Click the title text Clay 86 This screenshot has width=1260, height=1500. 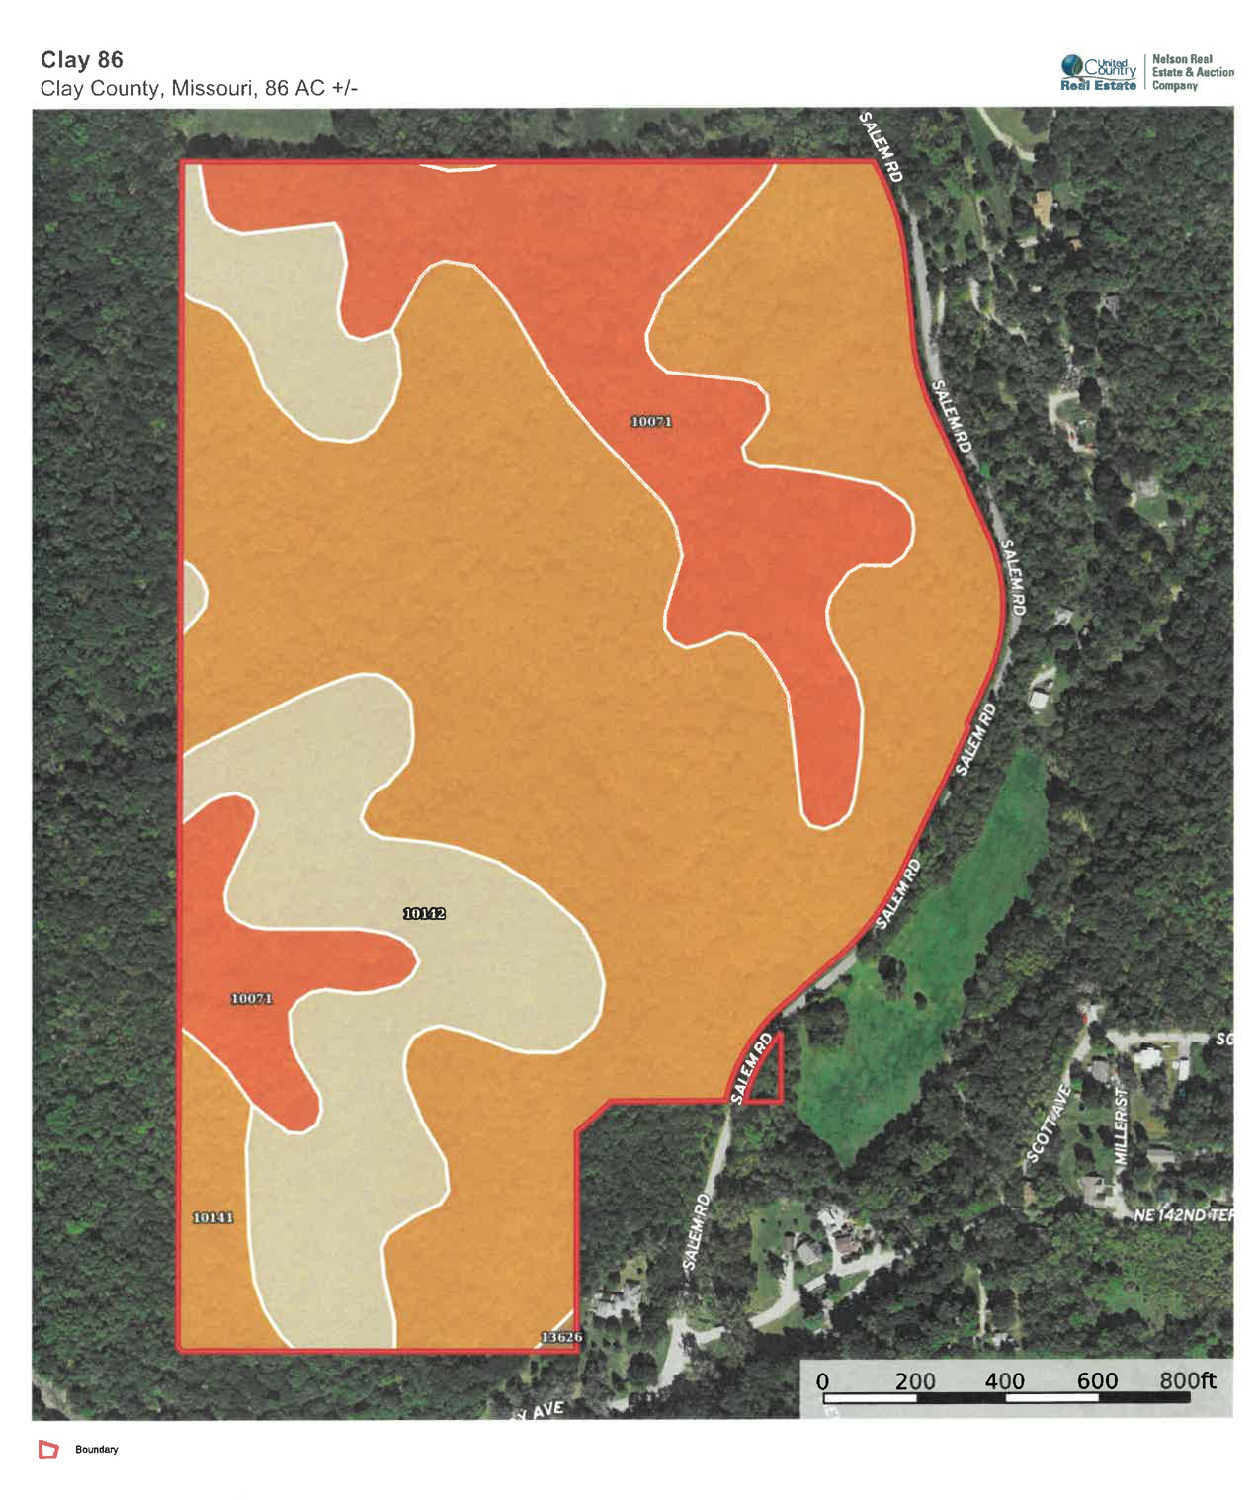(x=82, y=61)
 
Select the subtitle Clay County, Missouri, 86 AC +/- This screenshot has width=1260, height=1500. (x=199, y=89)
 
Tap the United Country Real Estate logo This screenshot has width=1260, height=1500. (x=1099, y=73)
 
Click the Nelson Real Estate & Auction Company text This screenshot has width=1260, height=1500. (x=1192, y=72)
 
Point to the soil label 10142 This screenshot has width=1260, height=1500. (x=424, y=914)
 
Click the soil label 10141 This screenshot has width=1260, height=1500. (x=212, y=1217)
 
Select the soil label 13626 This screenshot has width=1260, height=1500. (x=561, y=1337)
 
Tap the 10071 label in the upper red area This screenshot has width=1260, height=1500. (x=651, y=422)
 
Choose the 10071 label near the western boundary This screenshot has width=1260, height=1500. (x=252, y=999)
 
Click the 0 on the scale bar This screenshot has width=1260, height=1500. (x=823, y=1381)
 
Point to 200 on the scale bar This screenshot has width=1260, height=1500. (x=914, y=1381)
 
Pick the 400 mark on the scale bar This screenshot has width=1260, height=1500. (x=1004, y=1381)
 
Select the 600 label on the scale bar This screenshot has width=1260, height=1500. (x=1097, y=1381)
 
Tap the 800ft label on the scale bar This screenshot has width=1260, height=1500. (x=1187, y=1380)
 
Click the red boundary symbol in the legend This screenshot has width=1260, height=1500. (x=48, y=1450)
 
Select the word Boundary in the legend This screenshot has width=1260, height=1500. (x=96, y=1450)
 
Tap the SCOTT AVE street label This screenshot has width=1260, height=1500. (x=1050, y=1125)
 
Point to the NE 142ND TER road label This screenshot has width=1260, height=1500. (x=1183, y=1214)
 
